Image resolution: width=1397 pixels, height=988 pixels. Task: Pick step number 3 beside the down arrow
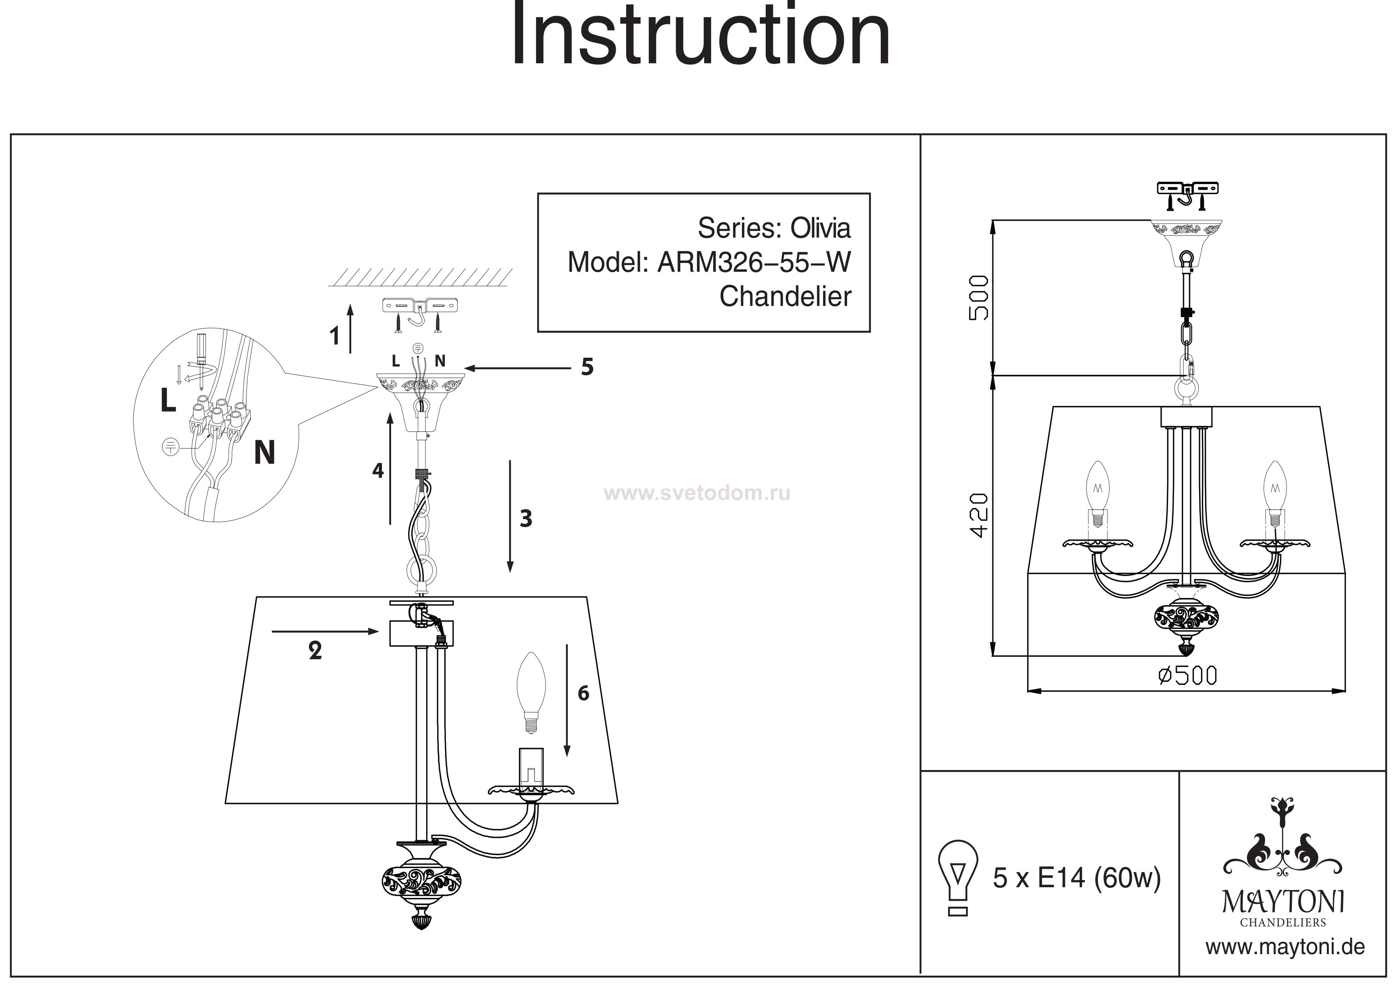coord(526,519)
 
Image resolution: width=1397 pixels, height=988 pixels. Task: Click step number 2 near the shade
coord(315,651)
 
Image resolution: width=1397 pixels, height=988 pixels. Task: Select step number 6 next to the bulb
coord(583,693)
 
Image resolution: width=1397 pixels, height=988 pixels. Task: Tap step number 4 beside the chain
coord(378,470)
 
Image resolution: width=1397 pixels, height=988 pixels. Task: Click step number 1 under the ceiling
coord(334,336)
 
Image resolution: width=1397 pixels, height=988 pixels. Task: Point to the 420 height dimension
coord(978,515)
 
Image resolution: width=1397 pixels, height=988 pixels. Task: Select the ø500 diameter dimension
coord(1187,676)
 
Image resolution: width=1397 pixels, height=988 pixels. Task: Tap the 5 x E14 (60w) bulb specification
coord(1076,878)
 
